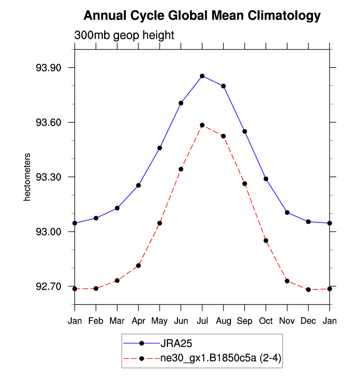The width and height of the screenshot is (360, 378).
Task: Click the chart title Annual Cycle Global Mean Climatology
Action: coord(202,16)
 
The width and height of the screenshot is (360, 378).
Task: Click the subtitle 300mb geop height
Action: coord(124,35)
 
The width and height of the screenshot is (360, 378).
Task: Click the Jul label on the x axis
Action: coord(202,321)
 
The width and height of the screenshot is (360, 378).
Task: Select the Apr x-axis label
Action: coord(138,321)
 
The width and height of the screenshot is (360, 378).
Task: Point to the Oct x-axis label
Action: coord(266,321)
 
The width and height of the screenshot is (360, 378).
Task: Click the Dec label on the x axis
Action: coord(308,321)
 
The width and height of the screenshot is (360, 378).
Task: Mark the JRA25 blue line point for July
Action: coord(202,76)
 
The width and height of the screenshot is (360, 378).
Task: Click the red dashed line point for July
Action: coord(202,125)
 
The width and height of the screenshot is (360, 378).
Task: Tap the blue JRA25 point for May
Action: coord(160,148)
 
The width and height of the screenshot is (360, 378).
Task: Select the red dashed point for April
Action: coord(138,266)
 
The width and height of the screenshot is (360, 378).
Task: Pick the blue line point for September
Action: coord(245,131)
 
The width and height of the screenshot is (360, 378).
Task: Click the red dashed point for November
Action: coord(287,281)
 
